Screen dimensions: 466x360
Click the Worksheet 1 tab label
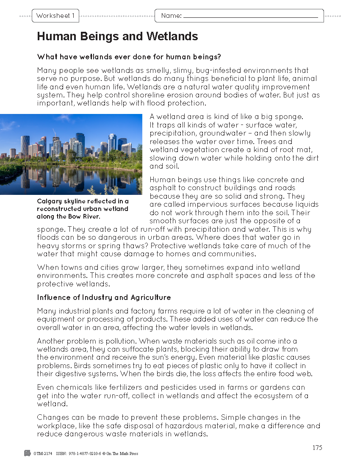coord(55,16)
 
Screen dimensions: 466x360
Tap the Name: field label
coord(171,16)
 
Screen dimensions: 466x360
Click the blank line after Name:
coord(250,17)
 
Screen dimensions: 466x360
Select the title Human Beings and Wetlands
coord(117,36)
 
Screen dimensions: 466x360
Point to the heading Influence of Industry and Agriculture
coord(104,297)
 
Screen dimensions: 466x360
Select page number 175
coord(317,448)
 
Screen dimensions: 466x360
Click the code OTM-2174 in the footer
coord(43,454)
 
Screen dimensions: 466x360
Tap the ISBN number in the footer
coord(83,454)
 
